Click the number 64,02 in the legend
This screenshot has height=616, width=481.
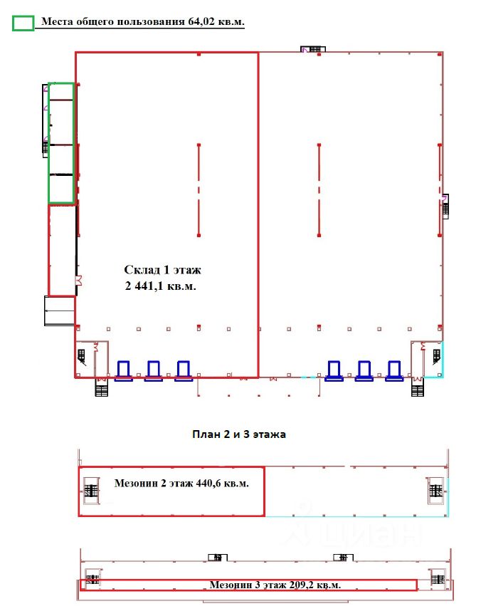click(x=201, y=21)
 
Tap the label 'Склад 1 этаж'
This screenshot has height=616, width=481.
click(x=162, y=270)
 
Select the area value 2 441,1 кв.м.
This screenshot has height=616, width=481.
click(x=160, y=286)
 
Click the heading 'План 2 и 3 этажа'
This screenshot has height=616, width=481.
click(x=239, y=434)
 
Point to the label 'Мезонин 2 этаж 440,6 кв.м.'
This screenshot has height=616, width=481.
click(x=181, y=484)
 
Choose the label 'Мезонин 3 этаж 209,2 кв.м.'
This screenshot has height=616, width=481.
click(x=275, y=585)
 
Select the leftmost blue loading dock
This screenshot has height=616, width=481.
click(x=123, y=371)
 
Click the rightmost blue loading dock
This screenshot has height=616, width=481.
click(x=393, y=371)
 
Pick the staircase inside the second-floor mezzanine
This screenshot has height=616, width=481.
click(x=91, y=491)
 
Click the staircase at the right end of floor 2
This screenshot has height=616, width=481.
click(x=435, y=491)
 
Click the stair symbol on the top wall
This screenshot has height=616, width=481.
click(x=313, y=49)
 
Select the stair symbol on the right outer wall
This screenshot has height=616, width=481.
click(x=445, y=207)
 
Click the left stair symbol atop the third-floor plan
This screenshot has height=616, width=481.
click(x=218, y=558)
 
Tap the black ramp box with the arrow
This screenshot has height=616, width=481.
click(x=59, y=310)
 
